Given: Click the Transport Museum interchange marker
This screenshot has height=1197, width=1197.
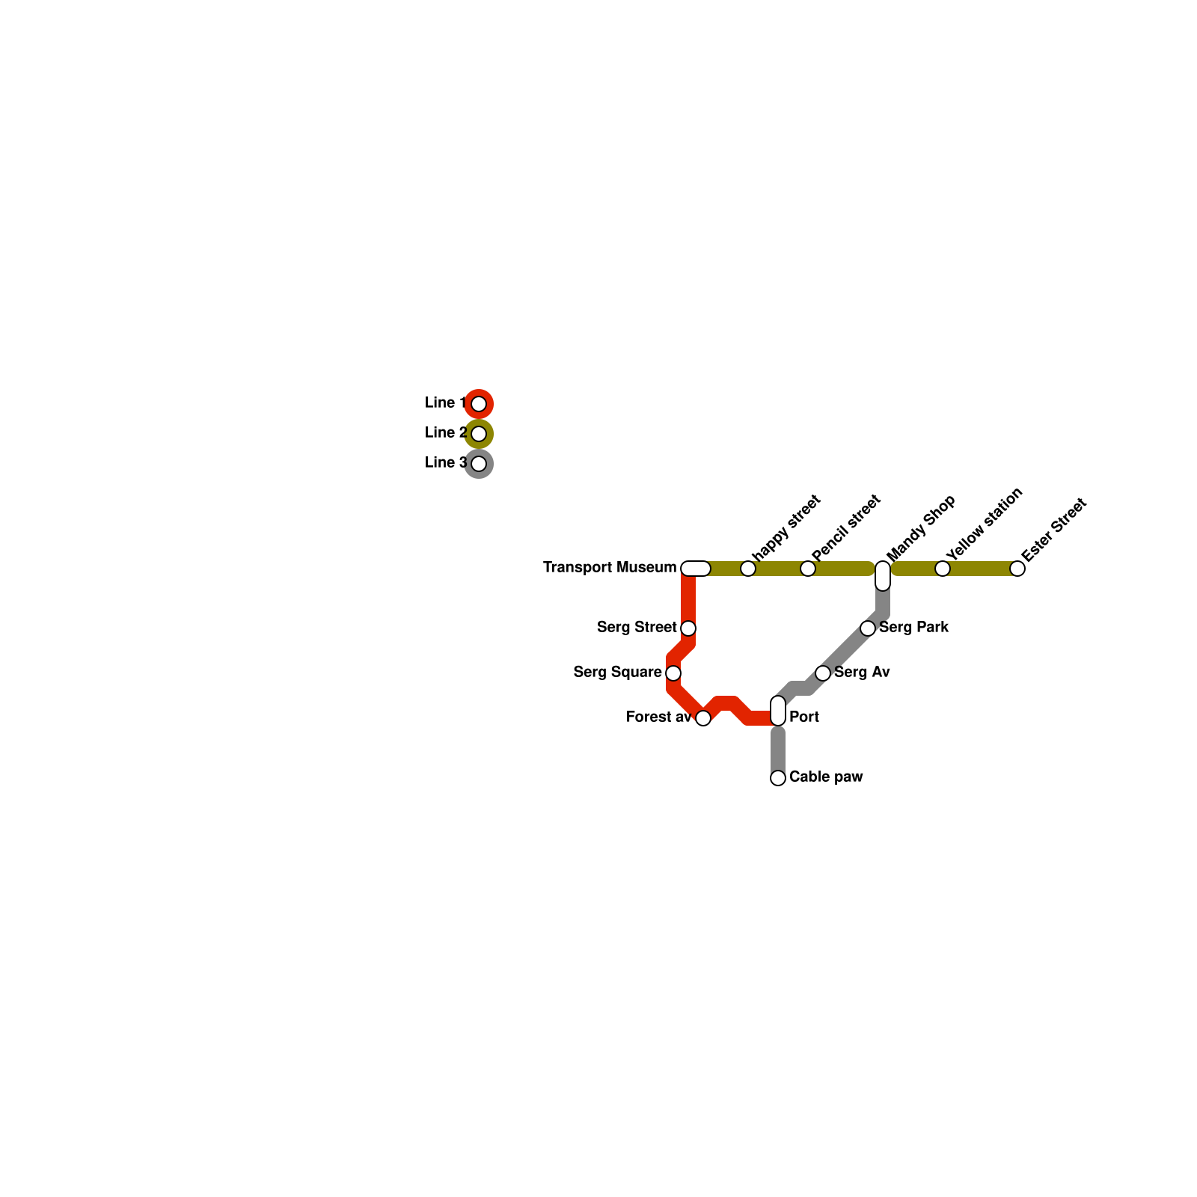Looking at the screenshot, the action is (696, 569).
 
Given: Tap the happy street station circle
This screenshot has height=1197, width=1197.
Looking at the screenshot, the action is (748, 569).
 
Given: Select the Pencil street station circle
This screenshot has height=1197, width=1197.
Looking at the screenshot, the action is (808, 569).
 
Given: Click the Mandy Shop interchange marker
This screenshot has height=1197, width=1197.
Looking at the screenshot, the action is (883, 575).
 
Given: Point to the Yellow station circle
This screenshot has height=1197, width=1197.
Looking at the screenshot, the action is (943, 569).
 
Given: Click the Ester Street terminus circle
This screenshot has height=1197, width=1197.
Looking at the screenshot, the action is (1017, 569).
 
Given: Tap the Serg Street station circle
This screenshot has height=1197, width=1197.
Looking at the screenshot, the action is (688, 628).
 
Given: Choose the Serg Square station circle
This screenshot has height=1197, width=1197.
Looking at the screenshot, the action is (673, 673).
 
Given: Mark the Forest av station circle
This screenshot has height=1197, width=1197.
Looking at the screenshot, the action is (703, 718).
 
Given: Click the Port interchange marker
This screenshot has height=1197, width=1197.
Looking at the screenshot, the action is (778, 711).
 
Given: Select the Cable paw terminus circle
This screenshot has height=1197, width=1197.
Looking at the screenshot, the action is (778, 778).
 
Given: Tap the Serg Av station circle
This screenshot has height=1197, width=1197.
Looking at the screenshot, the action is (823, 673).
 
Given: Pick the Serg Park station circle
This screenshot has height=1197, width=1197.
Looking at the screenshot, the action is (868, 628).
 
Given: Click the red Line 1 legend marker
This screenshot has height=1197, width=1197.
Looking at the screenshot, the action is (479, 404).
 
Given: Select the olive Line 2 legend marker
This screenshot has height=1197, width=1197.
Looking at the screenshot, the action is (479, 434).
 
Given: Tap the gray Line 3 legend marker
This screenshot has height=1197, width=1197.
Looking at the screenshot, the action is (479, 464).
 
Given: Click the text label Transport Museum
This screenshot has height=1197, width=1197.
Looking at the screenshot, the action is (610, 568).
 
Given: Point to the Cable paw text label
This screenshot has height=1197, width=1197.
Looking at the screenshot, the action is (826, 777).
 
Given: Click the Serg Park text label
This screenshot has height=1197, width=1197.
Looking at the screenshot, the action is (913, 628).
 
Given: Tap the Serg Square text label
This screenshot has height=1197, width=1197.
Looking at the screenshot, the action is (617, 673).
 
